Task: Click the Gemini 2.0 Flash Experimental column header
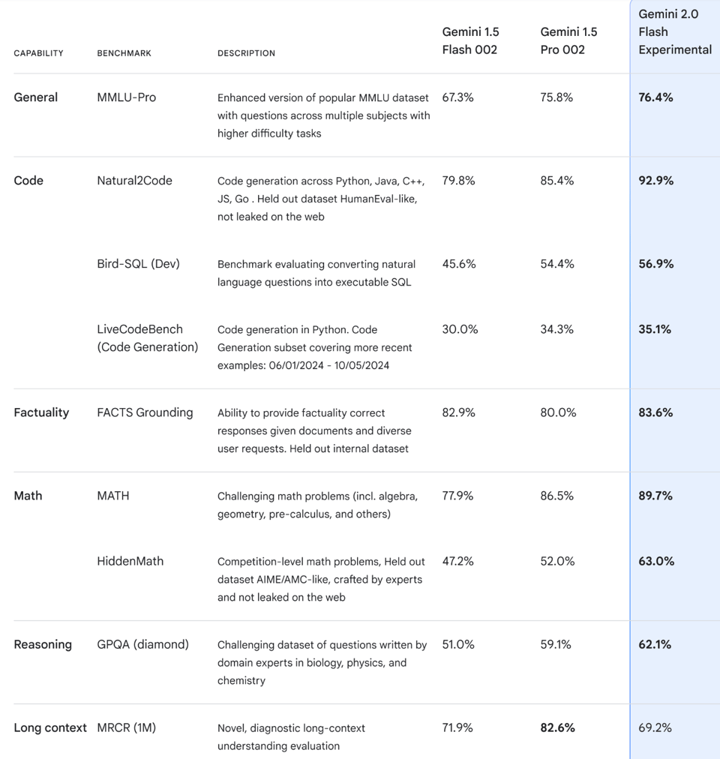click(x=674, y=32)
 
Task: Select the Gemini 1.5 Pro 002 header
click(x=568, y=40)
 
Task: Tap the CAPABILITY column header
click(x=38, y=53)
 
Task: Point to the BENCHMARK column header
click(x=124, y=53)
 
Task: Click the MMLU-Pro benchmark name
click(x=126, y=97)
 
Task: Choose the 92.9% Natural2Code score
click(x=655, y=181)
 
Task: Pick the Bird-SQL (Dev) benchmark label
click(x=138, y=264)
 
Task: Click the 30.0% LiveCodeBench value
click(x=459, y=329)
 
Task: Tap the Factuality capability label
click(x=41, y=412)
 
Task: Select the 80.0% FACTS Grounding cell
click(x=556, y=412)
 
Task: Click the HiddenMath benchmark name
click(x=130, y=561)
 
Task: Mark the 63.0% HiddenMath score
click(x=655, y=561)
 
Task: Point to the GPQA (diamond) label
click(x=142, y=644)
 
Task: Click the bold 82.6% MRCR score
click(x=557, y=727)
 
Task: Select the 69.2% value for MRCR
click(x=655, y=727)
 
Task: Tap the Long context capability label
click(x=50, y=727)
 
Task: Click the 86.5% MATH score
click(x=556, y=496)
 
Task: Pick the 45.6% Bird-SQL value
click(x=458, y=264)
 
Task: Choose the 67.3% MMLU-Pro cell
click(x=457, y=97)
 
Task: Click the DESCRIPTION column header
click(x=246, y=53)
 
